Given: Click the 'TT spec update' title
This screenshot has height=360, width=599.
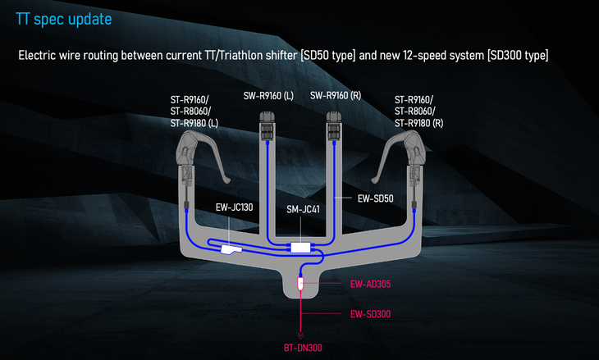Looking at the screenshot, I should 64,17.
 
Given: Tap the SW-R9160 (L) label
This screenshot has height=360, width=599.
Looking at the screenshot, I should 268,95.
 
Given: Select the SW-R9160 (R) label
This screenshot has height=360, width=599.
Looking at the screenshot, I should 336,95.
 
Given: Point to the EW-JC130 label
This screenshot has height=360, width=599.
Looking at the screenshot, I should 234,207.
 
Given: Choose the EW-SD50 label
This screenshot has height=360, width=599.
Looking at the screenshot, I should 377,198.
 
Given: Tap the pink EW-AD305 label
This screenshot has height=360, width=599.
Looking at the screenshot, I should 370,285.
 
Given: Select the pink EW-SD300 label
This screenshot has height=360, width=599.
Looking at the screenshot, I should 370,313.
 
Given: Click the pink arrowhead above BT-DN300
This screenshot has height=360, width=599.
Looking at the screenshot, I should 301,335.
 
